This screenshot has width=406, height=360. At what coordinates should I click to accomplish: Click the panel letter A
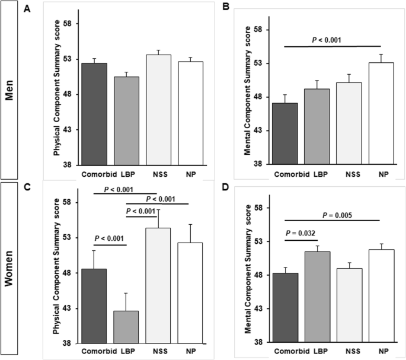(x=44, y=8)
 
